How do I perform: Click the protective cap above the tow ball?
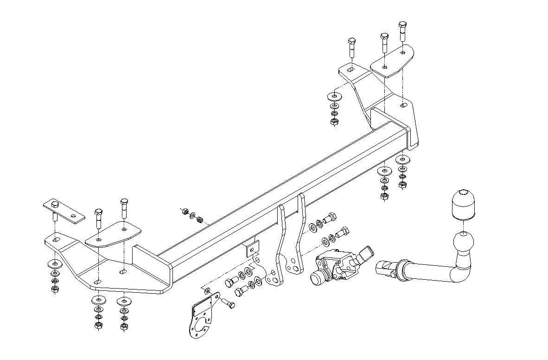(x=462, y=205)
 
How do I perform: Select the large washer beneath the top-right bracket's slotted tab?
(x=333, y=96)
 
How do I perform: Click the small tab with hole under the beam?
(x=252, y=248)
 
